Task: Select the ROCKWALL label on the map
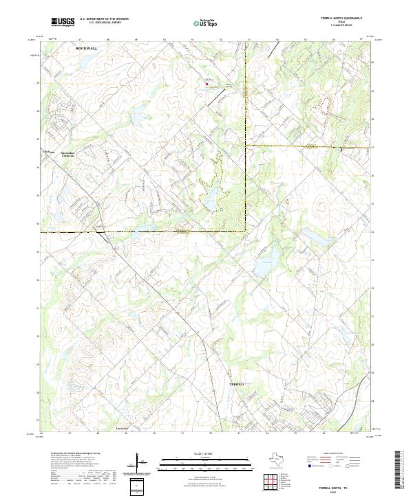point(87,50)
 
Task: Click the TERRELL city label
point(237,383)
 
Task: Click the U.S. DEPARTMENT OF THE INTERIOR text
point(104,19)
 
